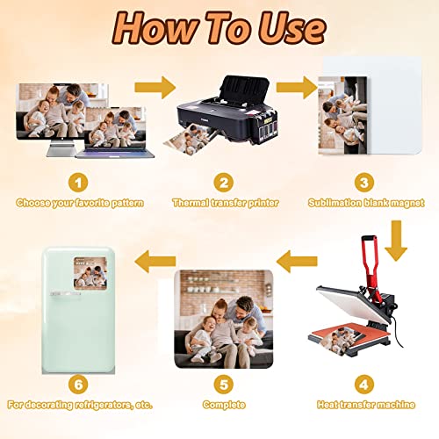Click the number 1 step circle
[x=78, y=183]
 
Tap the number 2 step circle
[x=224, y=183]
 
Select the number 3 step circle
[x=364, y=183]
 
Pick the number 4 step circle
[x=364, y=385]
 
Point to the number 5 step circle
[x=224, y=385]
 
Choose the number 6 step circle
[x=78, y=385]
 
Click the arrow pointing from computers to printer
[x=155, y=87]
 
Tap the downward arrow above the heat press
[x=396, y=241]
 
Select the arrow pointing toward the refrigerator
[x=155, y=261]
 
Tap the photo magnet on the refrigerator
[x=90, y=273]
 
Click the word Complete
[x=224, y=405]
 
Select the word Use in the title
[x=292, y=29]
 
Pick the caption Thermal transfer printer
[x=226, y=203]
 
